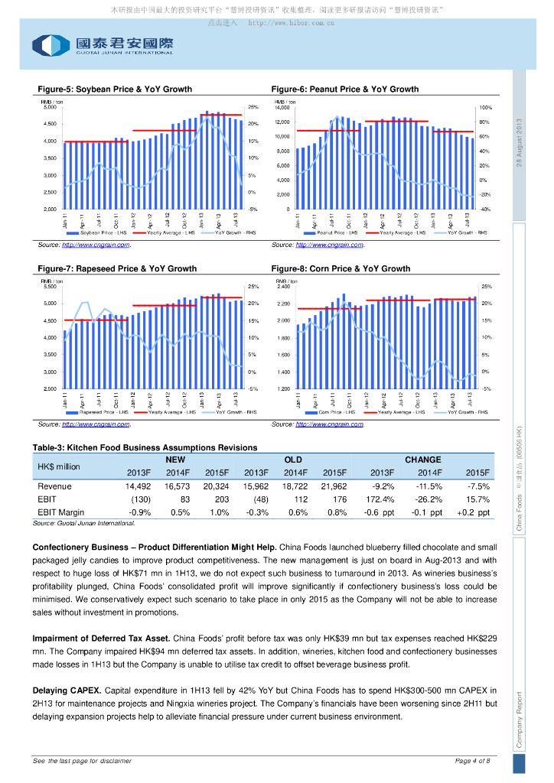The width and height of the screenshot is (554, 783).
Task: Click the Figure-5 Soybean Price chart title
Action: coord(112,89)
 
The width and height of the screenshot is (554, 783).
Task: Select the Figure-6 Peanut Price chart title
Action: coord(344,89)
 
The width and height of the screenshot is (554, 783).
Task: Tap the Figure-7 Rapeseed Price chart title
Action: coord(116,268)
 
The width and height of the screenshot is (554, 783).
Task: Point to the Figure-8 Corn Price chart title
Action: coord(340,268)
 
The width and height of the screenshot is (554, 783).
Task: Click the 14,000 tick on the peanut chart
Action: coord(282,108)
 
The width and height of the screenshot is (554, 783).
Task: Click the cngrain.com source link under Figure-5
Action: coord(96,245)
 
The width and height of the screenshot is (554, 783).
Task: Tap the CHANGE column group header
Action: coord(422,460)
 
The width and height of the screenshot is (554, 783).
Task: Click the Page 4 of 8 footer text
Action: coord(472,761)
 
